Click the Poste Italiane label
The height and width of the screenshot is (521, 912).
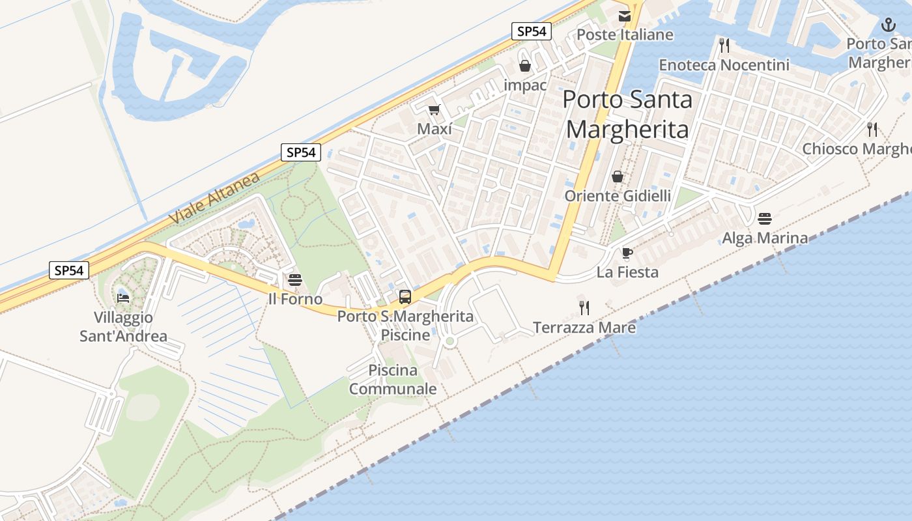click(625, 35)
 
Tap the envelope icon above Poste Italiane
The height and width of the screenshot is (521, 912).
click(625, 16)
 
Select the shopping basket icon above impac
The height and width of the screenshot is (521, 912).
click(525, 66)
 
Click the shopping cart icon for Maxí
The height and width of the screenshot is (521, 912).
click(434, 110)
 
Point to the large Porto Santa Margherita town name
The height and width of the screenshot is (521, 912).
click(627, 114)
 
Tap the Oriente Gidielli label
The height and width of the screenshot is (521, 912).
click(618, 195)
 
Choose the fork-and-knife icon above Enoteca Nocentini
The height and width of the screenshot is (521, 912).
click(724, 45)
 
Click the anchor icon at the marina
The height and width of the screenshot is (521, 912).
click(888, 25)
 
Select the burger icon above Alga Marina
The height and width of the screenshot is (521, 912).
click(765, 218)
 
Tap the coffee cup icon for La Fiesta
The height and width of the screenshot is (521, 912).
click(627, 253)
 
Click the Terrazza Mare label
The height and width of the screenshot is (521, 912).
click(584, 327)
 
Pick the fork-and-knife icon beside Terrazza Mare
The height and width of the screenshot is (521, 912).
click(584, 307)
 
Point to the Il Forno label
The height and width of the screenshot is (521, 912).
click(295, 299)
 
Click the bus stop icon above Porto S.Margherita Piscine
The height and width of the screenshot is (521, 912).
click(405, 297)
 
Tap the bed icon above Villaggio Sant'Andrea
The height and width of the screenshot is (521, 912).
click(123, 298)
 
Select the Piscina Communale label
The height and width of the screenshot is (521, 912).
click(393, 380)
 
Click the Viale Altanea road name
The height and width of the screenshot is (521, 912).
click(214, 198)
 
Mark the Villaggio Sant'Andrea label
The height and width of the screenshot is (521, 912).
click(123, 327)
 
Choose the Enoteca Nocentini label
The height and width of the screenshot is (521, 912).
click(724, 65)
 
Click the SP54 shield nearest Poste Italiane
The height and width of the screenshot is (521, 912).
click(532, 31)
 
